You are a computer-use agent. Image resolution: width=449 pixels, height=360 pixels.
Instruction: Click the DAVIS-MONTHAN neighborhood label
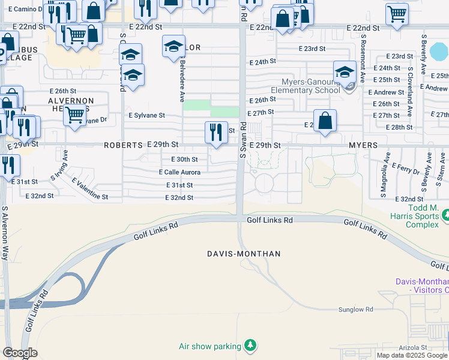[x=244, y=254]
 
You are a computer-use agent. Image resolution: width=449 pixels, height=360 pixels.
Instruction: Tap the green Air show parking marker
[x=250, y=346]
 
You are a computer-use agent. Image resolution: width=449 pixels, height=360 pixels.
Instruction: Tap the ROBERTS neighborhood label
[x=122, y=145]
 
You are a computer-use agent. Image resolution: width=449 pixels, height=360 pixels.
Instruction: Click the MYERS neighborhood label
[x=363, y=145]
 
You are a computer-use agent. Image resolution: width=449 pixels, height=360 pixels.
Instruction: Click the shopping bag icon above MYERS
[x=325, y=121]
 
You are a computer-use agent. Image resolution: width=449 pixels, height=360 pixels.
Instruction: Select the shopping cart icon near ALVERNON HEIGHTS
[x=75, y=114]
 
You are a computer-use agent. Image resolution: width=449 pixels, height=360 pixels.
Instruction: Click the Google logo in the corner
[x=20, y=353]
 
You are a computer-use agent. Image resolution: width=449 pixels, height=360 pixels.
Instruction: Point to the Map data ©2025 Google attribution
[x=412, y=355]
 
